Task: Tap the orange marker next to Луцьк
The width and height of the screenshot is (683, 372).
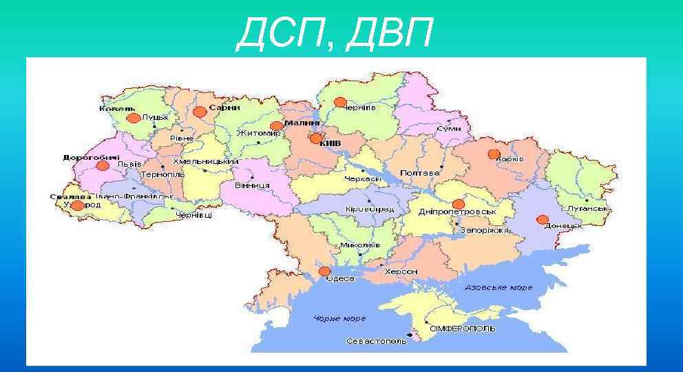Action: point(134,118)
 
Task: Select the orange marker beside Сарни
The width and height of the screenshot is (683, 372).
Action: point(200,112)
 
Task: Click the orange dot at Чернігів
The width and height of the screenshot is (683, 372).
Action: point(340,102)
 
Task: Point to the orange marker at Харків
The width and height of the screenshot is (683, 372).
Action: point(494,154)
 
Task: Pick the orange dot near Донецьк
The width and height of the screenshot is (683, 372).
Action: point(543,220)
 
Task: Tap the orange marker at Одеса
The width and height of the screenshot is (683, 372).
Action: point(325,272)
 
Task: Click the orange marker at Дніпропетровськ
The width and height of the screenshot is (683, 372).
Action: point(459,204)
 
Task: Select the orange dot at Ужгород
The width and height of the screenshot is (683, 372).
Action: point(78,205)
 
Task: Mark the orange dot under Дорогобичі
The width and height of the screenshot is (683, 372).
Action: point(103,165)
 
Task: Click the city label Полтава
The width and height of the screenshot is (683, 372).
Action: point(420,174)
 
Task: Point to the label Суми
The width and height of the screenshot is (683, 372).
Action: point(449,130)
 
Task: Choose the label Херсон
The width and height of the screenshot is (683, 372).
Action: point(401,272)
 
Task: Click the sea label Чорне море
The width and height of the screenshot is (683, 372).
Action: point(339,319)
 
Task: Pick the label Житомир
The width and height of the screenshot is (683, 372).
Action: point(259,133)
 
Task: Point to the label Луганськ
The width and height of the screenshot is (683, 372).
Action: point(587,208)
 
